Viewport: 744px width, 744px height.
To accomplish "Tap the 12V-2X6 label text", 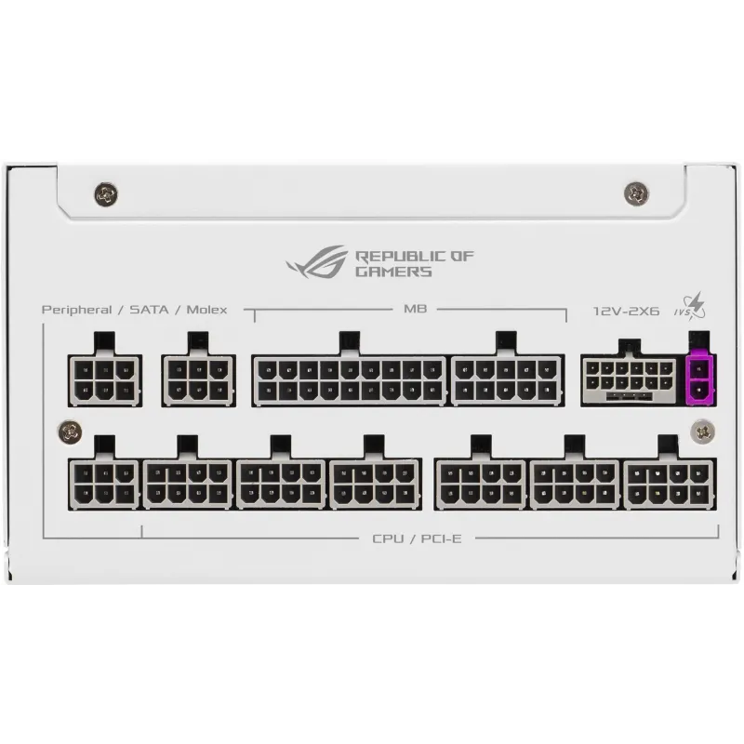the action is point(626,312).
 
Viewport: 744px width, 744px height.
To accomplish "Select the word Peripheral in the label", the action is point(77,311).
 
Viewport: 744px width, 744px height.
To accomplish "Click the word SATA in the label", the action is point(149,310).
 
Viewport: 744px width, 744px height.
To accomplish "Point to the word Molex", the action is point(206,310).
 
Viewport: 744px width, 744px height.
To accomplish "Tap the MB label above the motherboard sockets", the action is point(415,309).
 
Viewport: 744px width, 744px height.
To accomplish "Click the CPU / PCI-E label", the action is point(417,538).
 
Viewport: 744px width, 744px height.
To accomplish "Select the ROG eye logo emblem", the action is point(316,261).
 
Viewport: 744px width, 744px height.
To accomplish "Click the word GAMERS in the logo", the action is point(393,272).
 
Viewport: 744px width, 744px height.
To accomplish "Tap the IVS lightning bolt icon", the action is point(690,307).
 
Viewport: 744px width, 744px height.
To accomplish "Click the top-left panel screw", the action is point(106,193).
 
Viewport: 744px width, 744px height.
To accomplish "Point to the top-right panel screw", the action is point(636,193).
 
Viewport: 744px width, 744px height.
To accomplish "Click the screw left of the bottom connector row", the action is point(70,431).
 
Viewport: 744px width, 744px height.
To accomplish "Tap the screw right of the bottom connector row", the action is point(703,431).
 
